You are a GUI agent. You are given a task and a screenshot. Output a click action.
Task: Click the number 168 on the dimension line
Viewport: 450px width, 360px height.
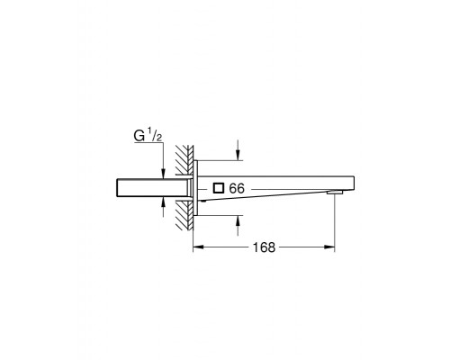[x=264, y=247]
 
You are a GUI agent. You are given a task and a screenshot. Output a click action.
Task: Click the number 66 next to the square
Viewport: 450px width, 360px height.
[x=237, y=188]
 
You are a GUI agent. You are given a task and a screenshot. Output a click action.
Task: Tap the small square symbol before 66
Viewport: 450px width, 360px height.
[x=219, y=188]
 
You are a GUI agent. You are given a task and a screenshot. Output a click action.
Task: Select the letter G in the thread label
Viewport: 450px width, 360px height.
[x=139, y=136]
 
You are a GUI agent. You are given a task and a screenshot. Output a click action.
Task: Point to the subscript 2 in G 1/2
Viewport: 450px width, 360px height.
[x=159, y=138]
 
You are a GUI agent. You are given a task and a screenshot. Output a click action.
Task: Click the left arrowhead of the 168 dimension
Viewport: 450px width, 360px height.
[x=198, y=247]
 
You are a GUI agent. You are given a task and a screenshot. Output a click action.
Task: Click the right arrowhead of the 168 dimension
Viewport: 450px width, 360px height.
[x=329, y=247]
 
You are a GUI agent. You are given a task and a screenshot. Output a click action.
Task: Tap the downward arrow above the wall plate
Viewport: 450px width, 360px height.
[x=238, y=150]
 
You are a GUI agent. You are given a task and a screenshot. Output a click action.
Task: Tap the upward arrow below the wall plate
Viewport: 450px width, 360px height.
[x=238, y=226]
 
